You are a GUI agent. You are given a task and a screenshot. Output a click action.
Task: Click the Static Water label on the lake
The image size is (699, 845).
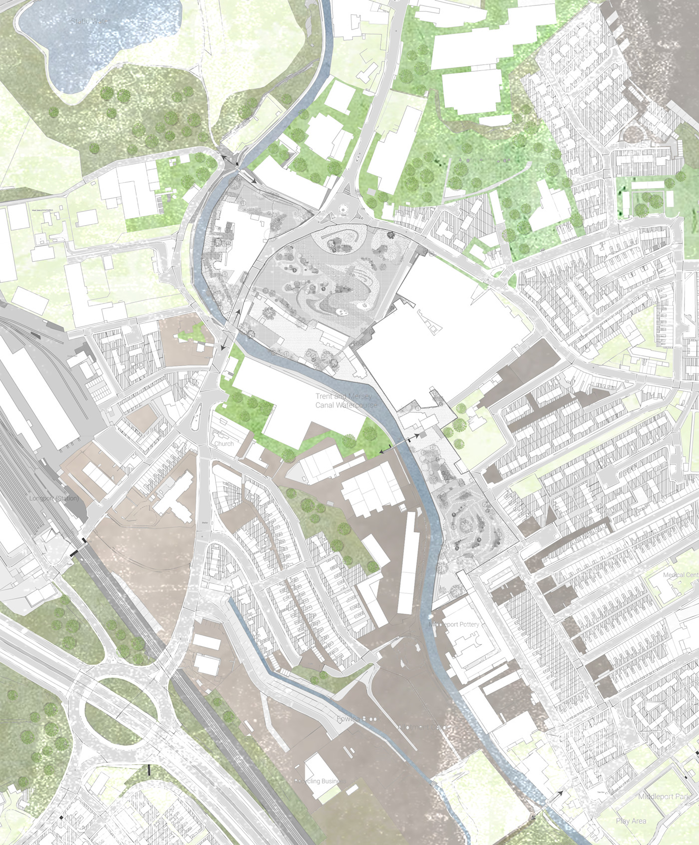click(x=90, y=21)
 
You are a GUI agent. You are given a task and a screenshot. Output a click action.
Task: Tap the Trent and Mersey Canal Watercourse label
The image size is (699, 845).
click(x=346, y=401)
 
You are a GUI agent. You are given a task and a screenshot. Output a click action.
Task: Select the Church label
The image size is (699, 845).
click(x=224, y=443)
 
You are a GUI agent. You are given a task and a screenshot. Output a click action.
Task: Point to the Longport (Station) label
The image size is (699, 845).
click(x=54, y=498)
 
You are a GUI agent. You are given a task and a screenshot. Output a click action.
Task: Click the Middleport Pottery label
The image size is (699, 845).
click(x=454, y=624)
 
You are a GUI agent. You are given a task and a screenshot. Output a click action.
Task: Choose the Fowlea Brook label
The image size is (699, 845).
click(x=356, y=719)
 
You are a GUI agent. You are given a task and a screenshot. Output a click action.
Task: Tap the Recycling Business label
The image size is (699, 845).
click(x=320, y=781)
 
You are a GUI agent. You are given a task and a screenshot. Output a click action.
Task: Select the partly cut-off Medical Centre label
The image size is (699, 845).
click(x=681, y=575)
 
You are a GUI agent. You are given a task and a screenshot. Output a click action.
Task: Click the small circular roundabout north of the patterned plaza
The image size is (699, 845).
click(x=344, y=208)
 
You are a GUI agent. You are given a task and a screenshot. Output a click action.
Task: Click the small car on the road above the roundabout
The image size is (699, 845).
click(x=358, y=161)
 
